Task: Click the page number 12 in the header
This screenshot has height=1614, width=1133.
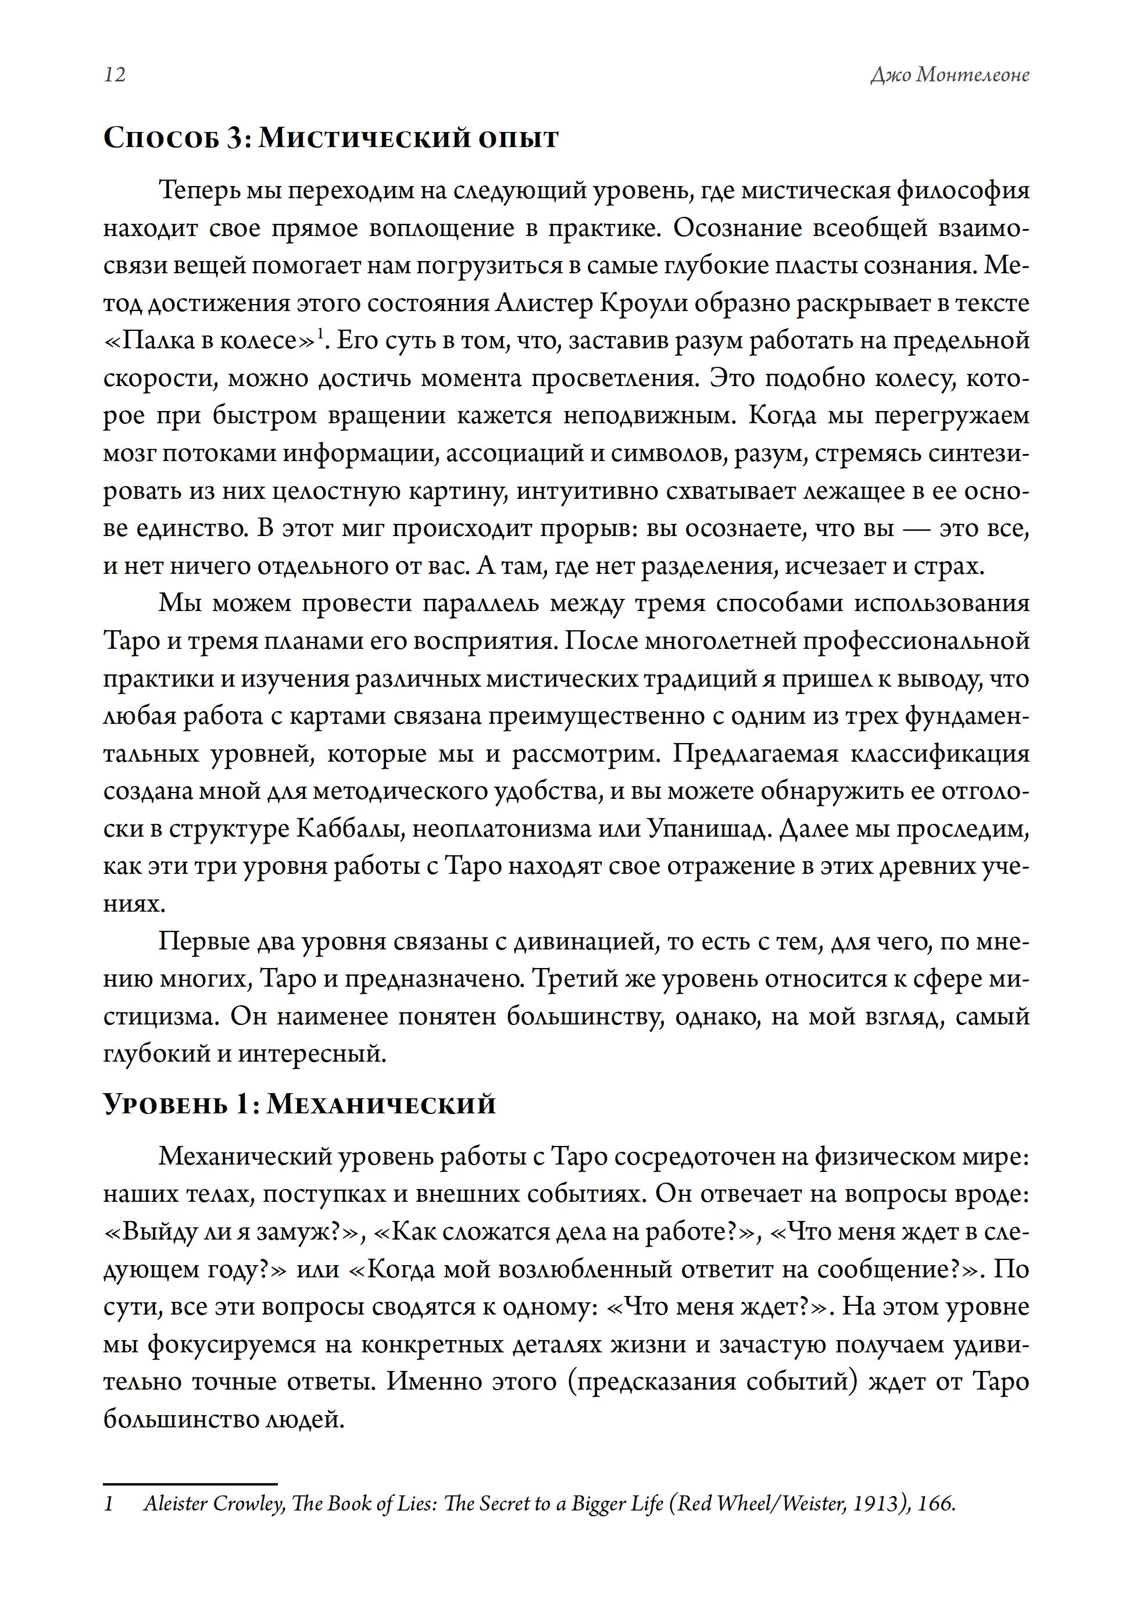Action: tap(115, 74)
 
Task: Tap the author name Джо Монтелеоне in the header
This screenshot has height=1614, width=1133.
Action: tap(949, 74)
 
